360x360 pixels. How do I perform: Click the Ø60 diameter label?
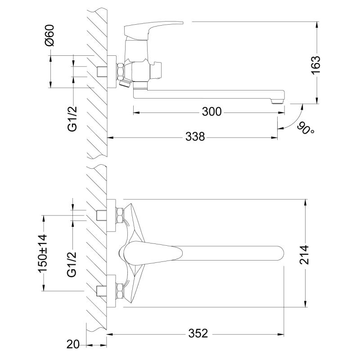[x=50, y=36]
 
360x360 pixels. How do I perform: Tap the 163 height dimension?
[x=316, y=65]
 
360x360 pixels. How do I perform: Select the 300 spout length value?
[x=211, y=112]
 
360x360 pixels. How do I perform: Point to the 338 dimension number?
[x=195, y=137]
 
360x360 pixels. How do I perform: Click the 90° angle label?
[x=306, y=129]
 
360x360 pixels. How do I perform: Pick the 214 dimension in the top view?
[x=305, y=255]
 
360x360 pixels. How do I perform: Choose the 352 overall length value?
[x=198, y=333]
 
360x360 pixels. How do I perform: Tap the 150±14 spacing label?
[x=43, y=253]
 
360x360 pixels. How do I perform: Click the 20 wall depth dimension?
[x=73, y=344]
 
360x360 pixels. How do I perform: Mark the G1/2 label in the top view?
[x=72, y=265]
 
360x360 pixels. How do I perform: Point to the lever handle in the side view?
[x=153, y=29]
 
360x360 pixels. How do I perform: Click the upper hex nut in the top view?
[x=120, y=216]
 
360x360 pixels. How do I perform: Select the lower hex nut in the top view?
[x=120, y=291]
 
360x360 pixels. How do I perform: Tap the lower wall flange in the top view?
[x=111, y=291]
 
